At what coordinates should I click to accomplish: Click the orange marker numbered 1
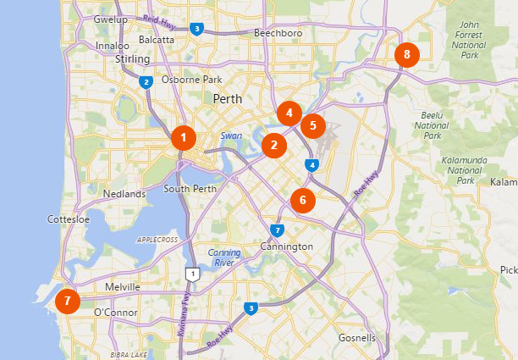coord(183,137)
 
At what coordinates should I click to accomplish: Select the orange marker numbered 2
coord(273,145)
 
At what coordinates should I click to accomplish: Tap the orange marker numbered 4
coord(289,113)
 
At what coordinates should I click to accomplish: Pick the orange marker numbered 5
coord(312,125)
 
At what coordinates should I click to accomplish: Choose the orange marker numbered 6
coord(302,201)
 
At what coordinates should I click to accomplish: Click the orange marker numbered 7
coord(67,301)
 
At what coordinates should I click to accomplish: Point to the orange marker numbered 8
coord(406,55)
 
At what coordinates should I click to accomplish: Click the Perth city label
coord(227,99)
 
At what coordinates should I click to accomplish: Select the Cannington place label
coord(287,246)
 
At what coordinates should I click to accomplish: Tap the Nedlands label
coord(124,194)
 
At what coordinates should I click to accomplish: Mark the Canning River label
coord(224,258)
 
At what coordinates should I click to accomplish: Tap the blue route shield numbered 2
coord(146,82)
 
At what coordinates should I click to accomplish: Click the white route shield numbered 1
coord(194,274)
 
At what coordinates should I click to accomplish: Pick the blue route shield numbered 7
coord(277,230)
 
